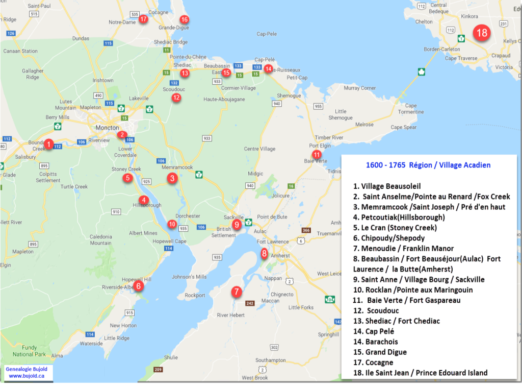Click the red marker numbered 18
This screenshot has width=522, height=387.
pyautogui.click(x=481, y=33)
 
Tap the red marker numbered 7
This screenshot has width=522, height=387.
pyautogui.click(x=236, y=292)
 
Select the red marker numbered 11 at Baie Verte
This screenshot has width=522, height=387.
pyautogui.click(x=317, y=155)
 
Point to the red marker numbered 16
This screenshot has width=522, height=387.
pyautogui.click(x=184, y=19)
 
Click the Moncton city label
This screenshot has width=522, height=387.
pyautogui.click(x=107, y=128)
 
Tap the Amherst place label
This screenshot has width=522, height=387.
pyautogui.click(x=281, y=256)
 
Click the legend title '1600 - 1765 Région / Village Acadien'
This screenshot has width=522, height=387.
pyautogui.click(x=428, y=165)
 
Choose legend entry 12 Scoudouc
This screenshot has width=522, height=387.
pyautogui.click(x=382, y=310)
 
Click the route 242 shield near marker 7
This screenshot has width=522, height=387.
pyautogui.click(x=250, y=303)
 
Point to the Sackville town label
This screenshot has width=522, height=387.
pyautogui.click(x=233, y=217)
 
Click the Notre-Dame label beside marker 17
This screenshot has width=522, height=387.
pyautogui.click(x=122, y=22)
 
